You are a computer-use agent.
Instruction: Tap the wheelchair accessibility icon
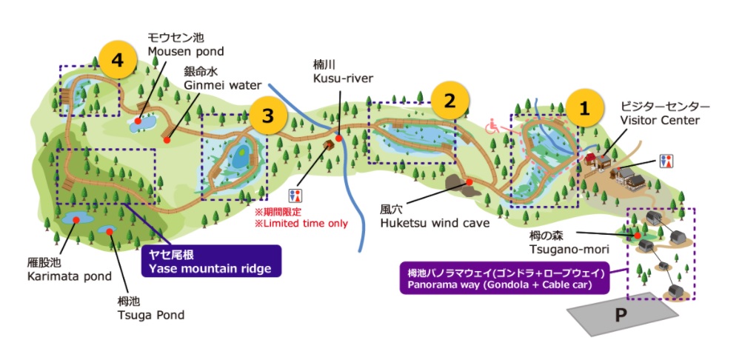(491, 127)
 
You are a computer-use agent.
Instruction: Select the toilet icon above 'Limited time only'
(297, 196)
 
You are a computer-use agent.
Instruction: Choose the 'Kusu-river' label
(343, 79)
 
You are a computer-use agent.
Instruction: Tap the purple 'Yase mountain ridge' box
(210, 261)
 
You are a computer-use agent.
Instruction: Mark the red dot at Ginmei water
(167, 139)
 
